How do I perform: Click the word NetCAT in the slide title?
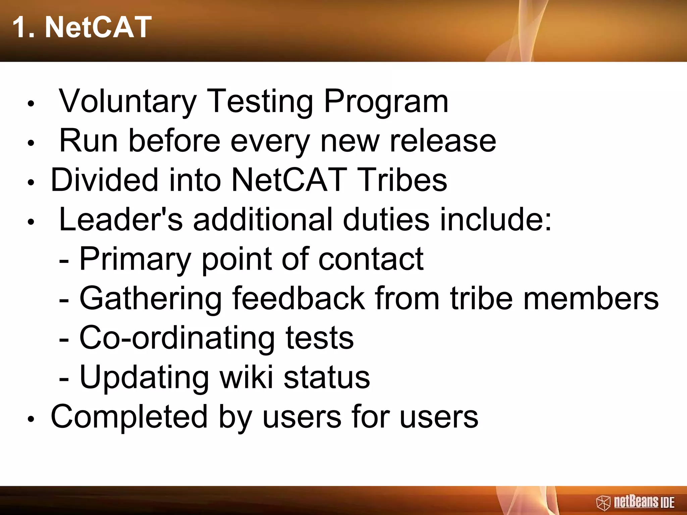click(98, 27)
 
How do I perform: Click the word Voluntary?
click(127, 101)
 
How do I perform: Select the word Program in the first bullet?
click(386, 101)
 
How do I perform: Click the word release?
click(442, 141)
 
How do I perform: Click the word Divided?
click(104, 180)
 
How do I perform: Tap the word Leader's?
click(121, 220)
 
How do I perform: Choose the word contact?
click(371, 259)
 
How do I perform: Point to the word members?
click(591, 298)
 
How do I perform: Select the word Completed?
click(129, 417)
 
